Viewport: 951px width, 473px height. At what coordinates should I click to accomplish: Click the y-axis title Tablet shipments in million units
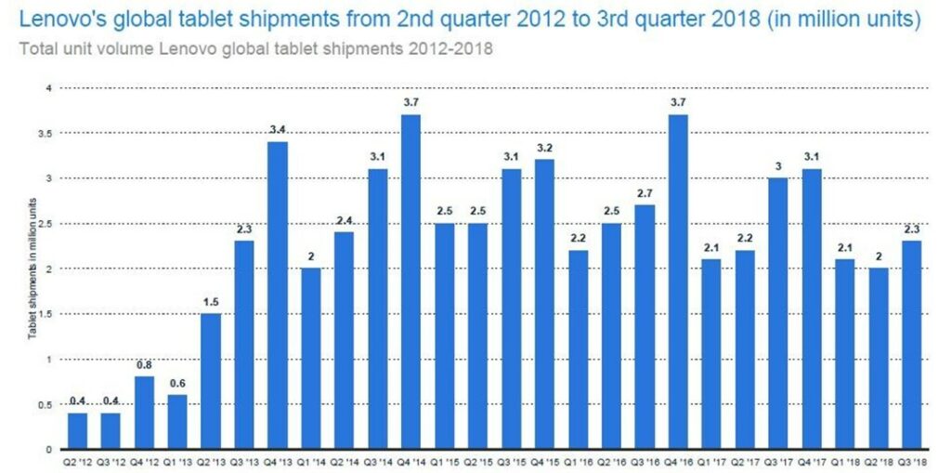click(31, 269)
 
